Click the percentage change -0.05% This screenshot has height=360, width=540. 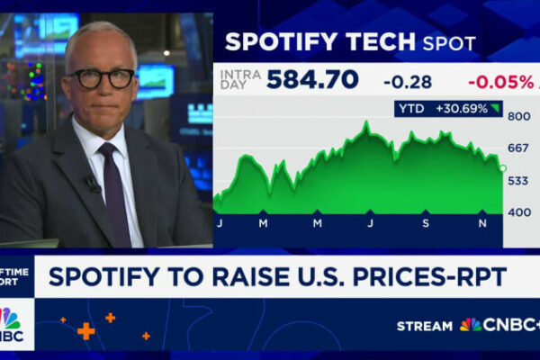[499, 82]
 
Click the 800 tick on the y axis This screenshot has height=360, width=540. [517, 116]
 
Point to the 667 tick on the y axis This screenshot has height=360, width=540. [517, 148]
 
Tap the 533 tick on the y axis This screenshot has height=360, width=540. [517, 181]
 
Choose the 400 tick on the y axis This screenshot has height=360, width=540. [517, 213]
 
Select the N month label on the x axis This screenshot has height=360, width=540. [481, 221]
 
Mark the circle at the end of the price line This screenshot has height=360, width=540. [502, 168]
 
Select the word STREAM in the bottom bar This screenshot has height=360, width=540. [425, 325]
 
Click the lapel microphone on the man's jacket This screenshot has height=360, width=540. [91, 183]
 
